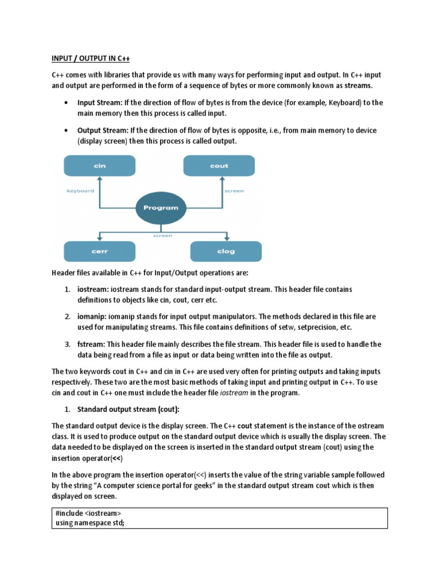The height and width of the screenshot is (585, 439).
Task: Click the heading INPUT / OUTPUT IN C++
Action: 91,58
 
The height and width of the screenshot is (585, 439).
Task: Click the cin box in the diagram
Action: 99,166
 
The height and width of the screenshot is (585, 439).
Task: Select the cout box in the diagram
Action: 219,166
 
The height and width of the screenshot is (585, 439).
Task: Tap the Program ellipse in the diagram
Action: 161,208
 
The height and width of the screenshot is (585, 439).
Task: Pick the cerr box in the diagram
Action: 99,251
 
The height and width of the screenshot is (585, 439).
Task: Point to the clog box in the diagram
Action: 226,251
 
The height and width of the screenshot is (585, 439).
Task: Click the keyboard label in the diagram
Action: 81,191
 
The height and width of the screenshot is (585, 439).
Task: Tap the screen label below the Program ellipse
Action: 162,235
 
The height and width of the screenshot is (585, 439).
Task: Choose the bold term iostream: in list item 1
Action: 93,290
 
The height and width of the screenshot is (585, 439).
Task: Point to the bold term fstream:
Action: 91,344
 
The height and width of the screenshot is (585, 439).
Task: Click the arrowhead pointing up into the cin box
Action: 99,179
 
